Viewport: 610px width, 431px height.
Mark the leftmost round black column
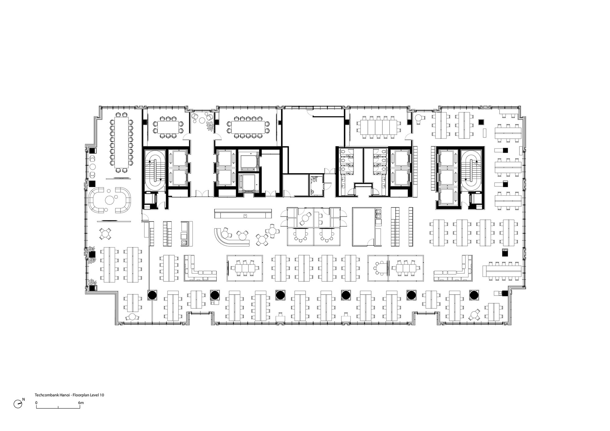(x=152, y=295)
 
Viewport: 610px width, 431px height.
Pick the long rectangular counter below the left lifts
(x=243, y=213)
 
